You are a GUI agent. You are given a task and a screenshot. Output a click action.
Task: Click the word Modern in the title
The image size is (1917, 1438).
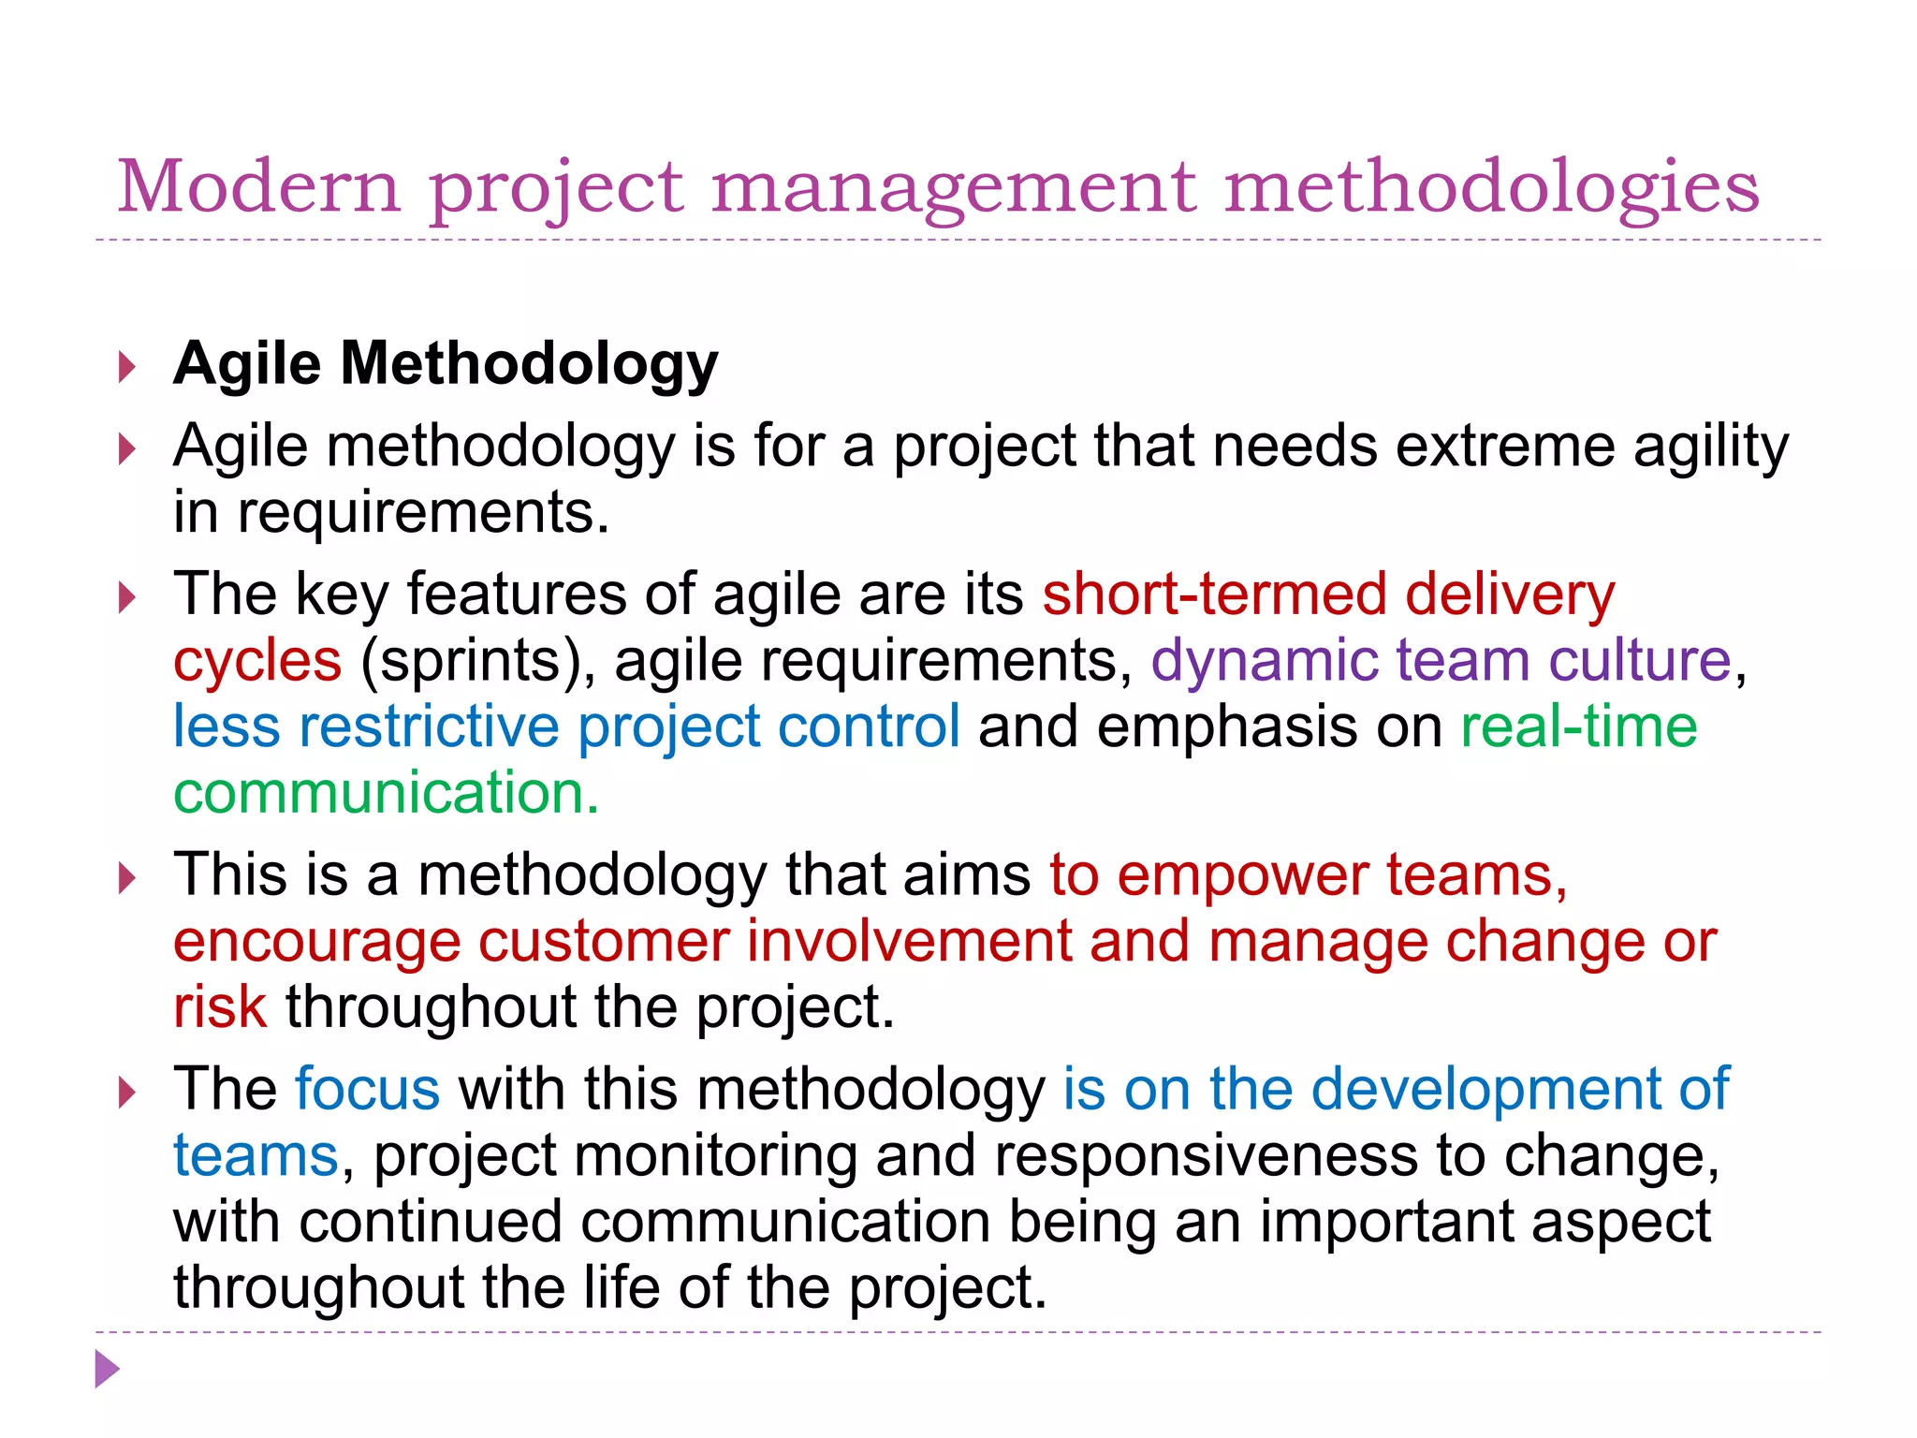(x=258, y=186)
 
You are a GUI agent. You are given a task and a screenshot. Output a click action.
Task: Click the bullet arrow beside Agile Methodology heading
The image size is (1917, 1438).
(x=127, y=367)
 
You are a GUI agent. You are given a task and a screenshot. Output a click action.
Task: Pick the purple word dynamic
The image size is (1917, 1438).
(x=1265, y=662)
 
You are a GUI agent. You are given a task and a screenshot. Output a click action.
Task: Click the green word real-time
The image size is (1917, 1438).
(x=1578, y=726)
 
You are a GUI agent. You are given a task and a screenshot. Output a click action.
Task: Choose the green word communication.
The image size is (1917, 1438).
(x=385, y=793)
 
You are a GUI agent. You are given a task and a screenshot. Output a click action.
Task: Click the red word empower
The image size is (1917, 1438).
(x=1242, y=875)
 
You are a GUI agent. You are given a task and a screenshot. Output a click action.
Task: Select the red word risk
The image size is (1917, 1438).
(x=220, y=1007)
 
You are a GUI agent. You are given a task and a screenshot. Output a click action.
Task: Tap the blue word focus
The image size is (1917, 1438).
(x=367, y=1090)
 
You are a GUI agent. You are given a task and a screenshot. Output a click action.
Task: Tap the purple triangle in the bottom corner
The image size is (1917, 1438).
(x=108, y=1370)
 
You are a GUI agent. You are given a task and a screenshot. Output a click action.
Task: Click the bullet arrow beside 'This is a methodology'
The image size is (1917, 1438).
(x=127, y=878)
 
